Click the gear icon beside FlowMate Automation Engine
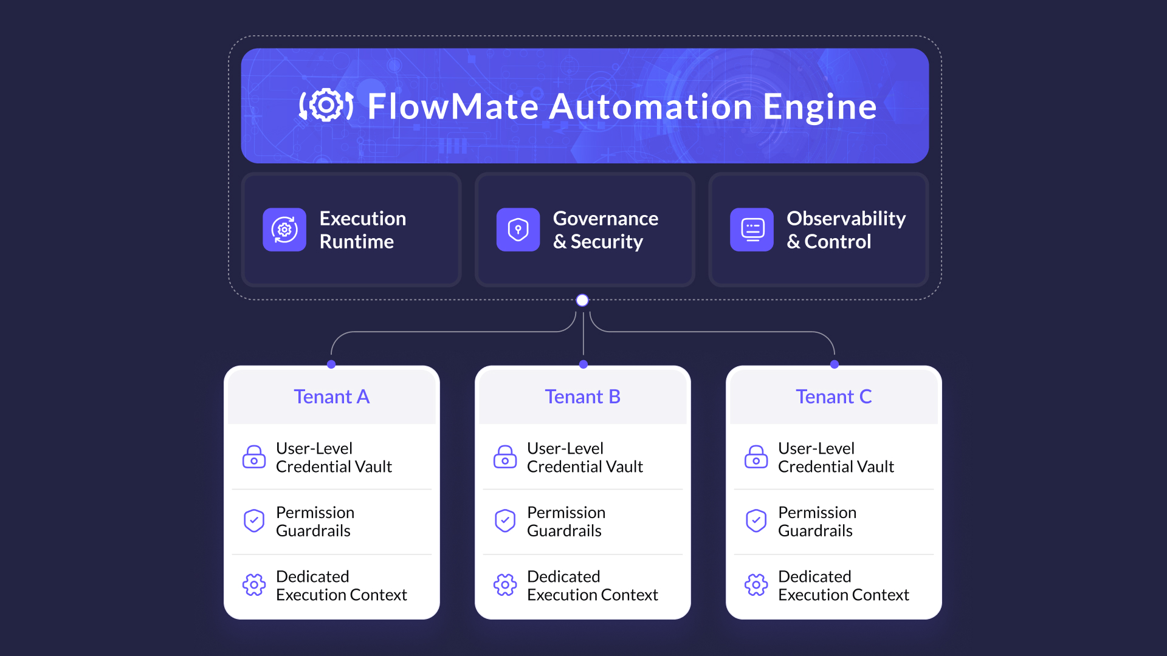(326, 106)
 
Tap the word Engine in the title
(819, 107)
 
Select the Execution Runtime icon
(284, 230)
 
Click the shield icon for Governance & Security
(518, 230)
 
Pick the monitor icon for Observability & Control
(752, 230)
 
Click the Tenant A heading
(331, 397)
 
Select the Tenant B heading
(582, 397)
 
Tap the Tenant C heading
(833, 397)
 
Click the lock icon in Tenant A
(254, 457)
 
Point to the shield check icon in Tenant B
(505, 521)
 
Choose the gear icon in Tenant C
(756, 585)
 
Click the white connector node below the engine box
(582, 300)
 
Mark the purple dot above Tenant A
(331, 364)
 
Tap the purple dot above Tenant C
(835, 364)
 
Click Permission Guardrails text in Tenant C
(817, 521)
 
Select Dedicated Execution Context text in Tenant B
(592, 586)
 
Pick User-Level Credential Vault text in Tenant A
(334, 457)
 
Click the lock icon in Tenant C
(756, 457)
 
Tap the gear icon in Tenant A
(254, 585)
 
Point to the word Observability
(845, 218)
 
